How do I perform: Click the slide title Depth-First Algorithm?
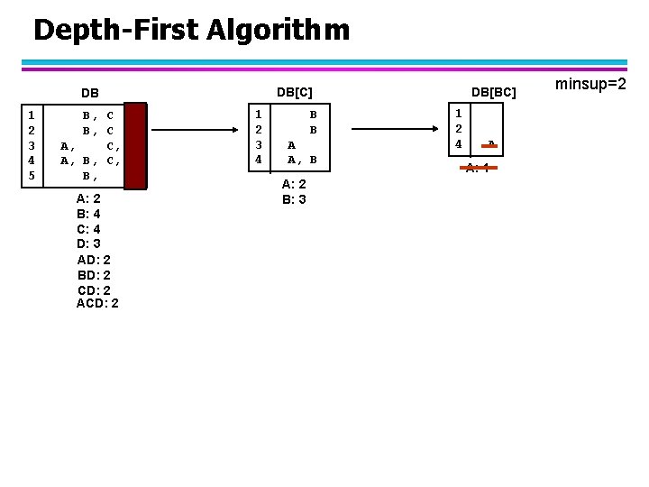tap(191, 30)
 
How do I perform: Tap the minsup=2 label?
tap(590, 85)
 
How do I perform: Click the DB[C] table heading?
tap(295, 91)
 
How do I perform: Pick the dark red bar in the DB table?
tap(135, 146)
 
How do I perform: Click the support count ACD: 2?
tap(97, 303)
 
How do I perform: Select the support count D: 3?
tap(89, 243)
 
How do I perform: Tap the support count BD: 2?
tap(94, 274)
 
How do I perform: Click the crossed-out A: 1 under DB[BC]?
tap(478, 168)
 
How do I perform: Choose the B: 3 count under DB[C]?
tap(294, 198)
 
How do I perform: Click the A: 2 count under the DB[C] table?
tap(294, 183)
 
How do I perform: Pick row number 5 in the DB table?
tap(32, 175)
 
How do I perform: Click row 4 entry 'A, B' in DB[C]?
tap(302, 160)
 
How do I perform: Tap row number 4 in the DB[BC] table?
tap(459, 144)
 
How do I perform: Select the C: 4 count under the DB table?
tap(89, 229)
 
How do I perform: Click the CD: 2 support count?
tap(94, 289)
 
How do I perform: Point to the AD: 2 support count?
tap(94, 259)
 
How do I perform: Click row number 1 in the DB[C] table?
tap(259, 115)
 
